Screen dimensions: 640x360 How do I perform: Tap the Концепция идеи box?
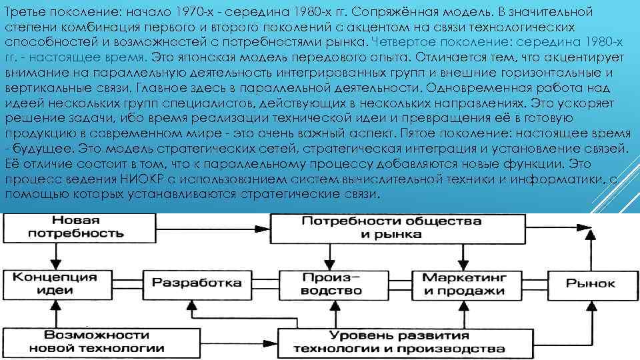coord(51,283)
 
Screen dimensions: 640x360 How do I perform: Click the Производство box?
coord(331,283)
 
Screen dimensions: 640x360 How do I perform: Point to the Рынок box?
coord(590,283)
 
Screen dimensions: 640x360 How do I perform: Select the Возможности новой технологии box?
coord(105,341)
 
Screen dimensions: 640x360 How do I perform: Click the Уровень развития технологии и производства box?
coord(399,341)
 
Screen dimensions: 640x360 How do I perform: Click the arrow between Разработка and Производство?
coord(267,283)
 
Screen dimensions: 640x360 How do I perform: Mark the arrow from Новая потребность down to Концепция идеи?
coord(51,256)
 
